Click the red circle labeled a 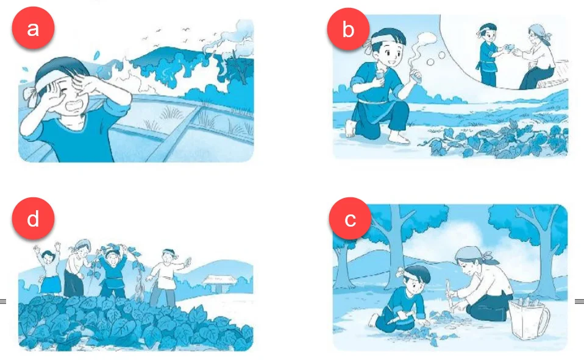[x=33, y=28]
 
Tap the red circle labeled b [x=348, y=29]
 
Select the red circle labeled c [x=350, y=219]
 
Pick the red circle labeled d [x=33, y=219]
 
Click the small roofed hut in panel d [x=220, y=283]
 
